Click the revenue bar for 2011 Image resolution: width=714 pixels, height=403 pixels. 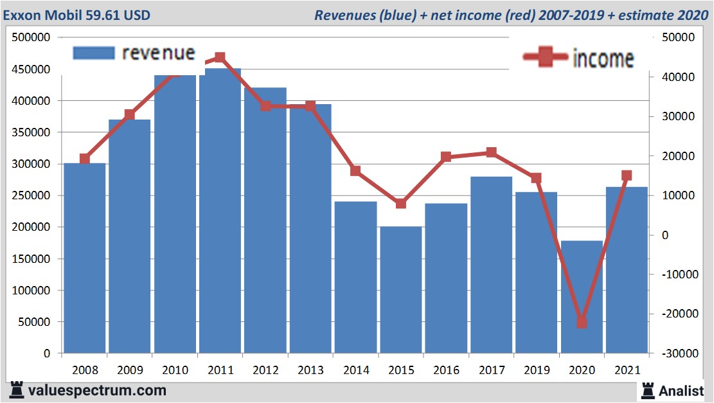220,212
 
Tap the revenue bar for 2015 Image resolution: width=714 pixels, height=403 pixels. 400,289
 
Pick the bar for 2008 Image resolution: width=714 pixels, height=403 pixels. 84,257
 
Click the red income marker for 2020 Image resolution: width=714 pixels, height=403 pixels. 582,322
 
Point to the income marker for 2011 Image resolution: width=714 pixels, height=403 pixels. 220,58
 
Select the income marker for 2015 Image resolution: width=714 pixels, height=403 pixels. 400,203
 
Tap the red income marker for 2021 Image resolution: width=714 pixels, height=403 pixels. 627,175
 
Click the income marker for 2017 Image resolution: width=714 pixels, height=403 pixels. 491,152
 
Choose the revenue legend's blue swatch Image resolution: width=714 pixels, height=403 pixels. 94,53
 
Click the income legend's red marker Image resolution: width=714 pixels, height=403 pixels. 546,58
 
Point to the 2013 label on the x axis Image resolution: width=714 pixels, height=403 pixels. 310,371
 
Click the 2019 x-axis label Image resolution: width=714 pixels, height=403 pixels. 536,371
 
